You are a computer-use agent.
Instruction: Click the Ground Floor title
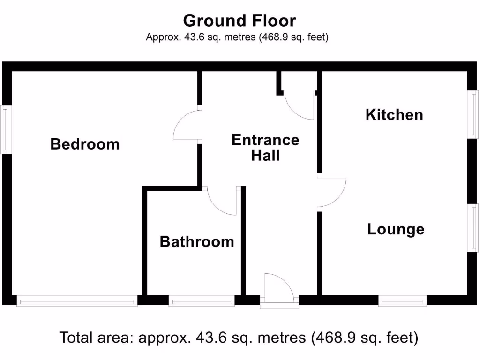pyautogui.click(x=240, y=21)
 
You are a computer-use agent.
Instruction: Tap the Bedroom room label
pyautogui.click(x=85, y=144)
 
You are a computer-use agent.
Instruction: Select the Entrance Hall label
pyautogui.click(x=265, y=147)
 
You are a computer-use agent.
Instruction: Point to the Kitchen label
pyautogui.click(x=394, y=115)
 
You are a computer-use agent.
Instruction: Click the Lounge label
pyautogui.click(x=396, y=229)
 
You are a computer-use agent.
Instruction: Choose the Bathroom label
pyautogui.click(x=197, y=242)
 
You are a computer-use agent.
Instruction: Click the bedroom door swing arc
pyautogui.click(x=185, y=124)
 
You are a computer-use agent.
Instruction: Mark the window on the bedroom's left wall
pyautogui.click(x=6, y=130)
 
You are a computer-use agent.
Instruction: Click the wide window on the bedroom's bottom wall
pyautogui.click(x=77, y=301)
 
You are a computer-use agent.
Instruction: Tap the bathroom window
pyautogui.click(x=202, y=301)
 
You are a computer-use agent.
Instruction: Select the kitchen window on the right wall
pyautogui.click(x=473, y=115)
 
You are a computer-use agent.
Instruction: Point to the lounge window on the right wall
pyautogui.click(x=473, y=228)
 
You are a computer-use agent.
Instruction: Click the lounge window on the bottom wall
pyautogui.click(x=403, y=301)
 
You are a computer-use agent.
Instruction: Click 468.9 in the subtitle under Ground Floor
pyautogui.click(x=277, y=37)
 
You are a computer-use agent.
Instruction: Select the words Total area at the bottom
pyautogui.click(x=97, y=337)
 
